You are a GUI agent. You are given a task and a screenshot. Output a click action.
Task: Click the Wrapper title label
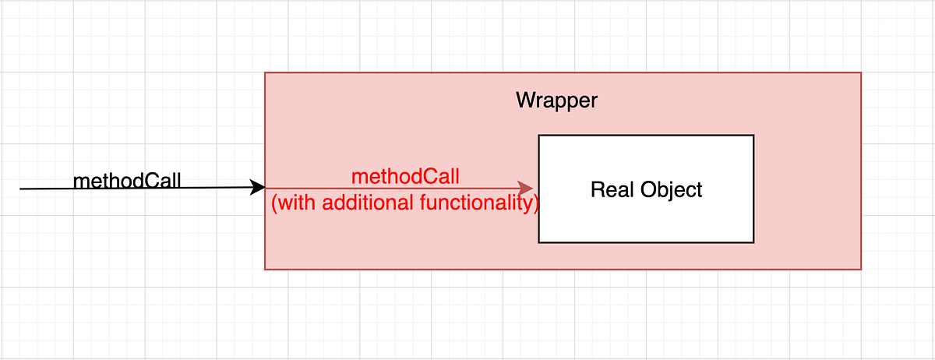(556, 101)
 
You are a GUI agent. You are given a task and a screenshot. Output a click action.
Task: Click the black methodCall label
(127, 181)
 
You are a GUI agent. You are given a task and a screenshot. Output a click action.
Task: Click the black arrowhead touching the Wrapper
(258, 187)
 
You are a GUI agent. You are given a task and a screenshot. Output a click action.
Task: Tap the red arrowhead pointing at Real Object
(526, 188)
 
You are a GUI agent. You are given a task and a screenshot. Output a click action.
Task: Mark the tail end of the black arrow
(21, 189)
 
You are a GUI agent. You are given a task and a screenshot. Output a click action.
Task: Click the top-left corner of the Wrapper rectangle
(265, 72)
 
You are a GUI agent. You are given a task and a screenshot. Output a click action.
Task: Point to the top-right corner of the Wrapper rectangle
(861, 72)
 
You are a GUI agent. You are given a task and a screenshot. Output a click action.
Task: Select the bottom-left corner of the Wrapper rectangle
(265, 270)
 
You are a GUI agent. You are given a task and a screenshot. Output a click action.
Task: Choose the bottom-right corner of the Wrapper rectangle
(861, 270)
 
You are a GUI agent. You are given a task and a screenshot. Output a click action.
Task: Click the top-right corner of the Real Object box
(753, 135)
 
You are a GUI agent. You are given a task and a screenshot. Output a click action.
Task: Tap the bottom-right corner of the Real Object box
(753, 242)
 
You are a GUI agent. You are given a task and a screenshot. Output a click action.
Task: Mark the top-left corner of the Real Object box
(538, 135)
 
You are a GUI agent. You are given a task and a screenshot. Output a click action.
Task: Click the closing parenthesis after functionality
(535, 204)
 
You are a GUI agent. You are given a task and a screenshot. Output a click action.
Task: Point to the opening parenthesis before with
(274, 204)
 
